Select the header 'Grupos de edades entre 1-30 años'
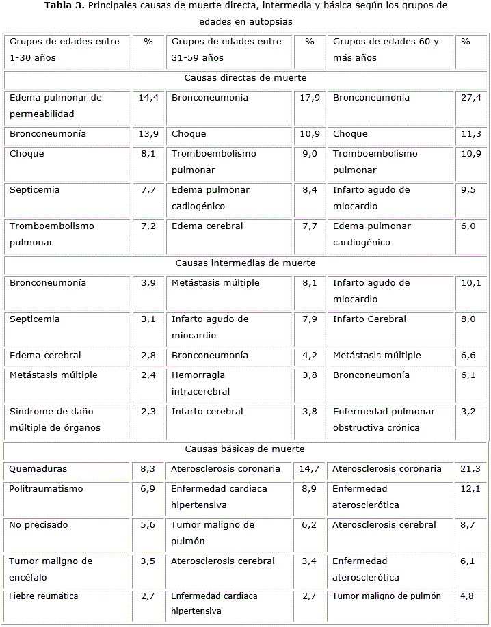pos(64,49)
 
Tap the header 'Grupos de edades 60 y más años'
pos(386,49)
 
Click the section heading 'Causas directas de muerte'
pos(245,78)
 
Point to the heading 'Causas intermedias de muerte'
pos(245,263)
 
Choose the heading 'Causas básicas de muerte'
pos(245,449)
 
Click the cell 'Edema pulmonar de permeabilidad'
pos(55,105)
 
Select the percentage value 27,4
pos(471,98)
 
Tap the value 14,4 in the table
pos(148,98)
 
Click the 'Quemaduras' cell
pos(38,469)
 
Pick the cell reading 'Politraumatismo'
pos(47,489)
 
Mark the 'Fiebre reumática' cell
pos(44,596)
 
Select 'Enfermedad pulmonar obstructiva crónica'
pos(384,419)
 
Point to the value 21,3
pos(470,469)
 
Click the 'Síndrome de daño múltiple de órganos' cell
pos(55,419)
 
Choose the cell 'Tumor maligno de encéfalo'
pos(51,569)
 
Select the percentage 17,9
pos(310,98)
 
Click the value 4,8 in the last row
pos(467,596)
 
